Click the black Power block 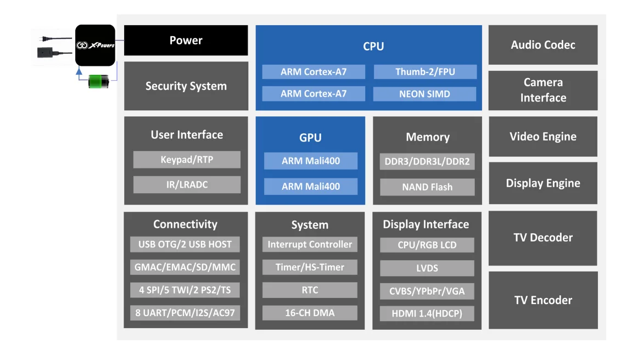click(186, 41)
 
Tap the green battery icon click(99, 82)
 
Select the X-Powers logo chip click(95, 45)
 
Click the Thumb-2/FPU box click(425, 72)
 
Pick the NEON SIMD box click(424, 94)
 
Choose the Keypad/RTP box click(187, 160)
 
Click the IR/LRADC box click(187, 184)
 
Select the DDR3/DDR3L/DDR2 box click(427, 162)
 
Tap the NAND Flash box click(427, 187)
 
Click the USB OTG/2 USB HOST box click(185, 244)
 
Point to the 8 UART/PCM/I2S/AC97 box click(185, 313)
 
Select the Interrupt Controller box click(310, 244)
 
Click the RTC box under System click(310, 290)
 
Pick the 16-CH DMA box click(310, 313)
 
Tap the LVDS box click(427, 268)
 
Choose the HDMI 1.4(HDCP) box click(427, 313)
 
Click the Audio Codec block click(543, 45)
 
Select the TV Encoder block click(543, 300)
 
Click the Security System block click(186, 86)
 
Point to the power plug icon click(49, 38)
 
